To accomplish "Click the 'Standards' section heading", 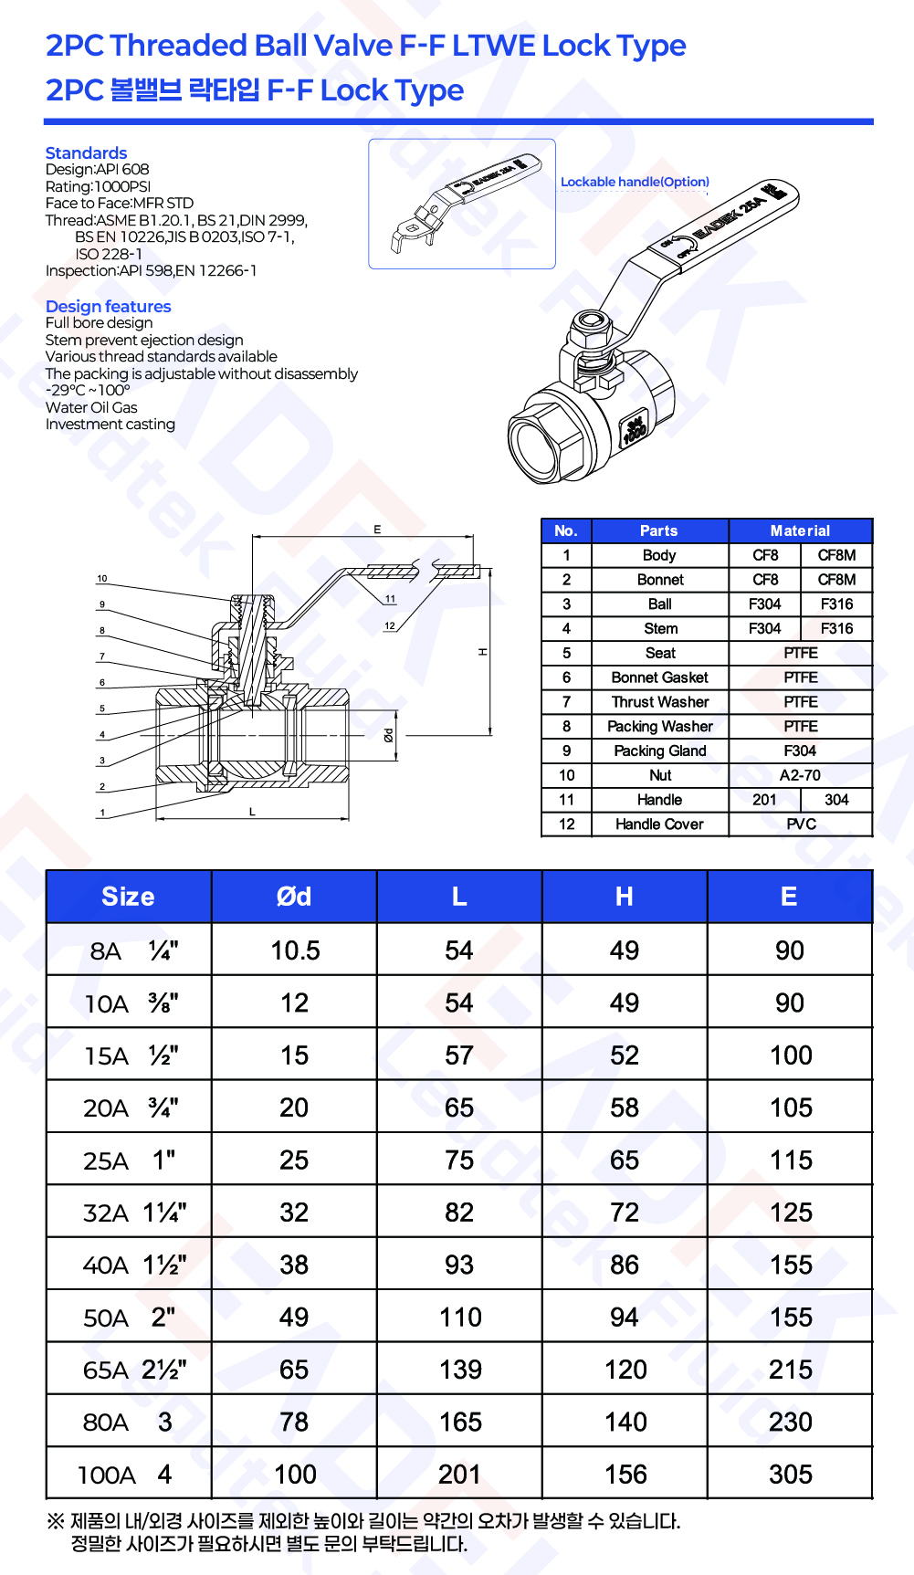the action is (86, 152).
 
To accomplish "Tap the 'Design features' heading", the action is (108, 306).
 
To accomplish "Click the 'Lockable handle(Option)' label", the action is (635, 182).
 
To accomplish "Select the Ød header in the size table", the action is (294, 897).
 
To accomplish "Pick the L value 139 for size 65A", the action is (460, 1370).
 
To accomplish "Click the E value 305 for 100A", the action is (791, 1475).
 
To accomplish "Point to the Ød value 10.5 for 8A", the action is (295, 950).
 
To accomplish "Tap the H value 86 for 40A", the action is (625, 1265).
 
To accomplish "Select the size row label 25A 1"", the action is (129, 1160).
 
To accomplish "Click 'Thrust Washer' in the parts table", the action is (660, 702).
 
